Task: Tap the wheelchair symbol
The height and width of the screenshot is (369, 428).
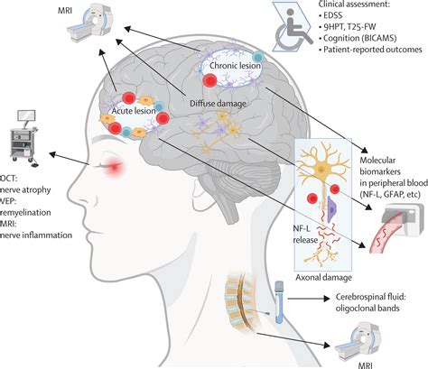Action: coord(294,30)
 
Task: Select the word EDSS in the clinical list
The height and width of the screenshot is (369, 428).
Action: coord(332,15)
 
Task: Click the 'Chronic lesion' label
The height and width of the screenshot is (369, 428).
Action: coord(235,65)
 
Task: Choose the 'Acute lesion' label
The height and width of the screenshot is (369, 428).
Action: coord(134,111)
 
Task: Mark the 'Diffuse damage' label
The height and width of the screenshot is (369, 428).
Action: coord(218,104)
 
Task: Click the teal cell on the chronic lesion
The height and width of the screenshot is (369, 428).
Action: coord(257,57)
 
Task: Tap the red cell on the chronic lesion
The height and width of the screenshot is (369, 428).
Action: coord(209,80)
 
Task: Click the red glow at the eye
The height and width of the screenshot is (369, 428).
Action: coord(114,165)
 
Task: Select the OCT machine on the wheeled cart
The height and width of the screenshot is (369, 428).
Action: coord(24,138)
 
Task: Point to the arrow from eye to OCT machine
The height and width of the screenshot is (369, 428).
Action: coord(69,159)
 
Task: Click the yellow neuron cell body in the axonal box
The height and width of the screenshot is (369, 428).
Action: coord(322,170)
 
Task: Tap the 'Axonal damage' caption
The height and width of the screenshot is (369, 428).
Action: coord(323,277)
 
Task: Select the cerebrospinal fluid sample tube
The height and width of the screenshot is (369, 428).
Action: coord(279,302)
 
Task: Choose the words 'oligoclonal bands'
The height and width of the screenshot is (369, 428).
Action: coord(368,308)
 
